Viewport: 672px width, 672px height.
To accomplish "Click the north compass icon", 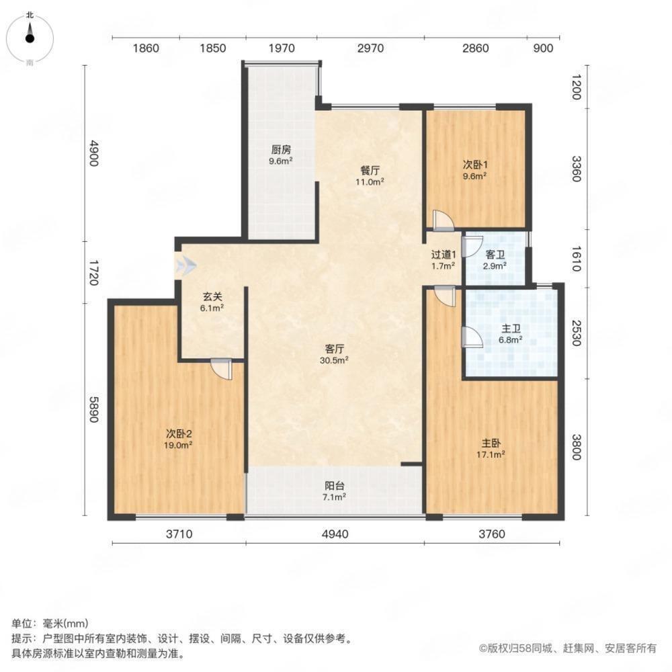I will point(30,38).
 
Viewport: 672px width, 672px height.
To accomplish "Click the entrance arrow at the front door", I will point(185,266).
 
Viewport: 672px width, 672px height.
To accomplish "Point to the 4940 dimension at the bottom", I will point(335,534).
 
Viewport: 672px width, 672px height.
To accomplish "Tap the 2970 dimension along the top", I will point(370,48).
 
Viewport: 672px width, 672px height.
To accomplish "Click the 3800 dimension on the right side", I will point(577,448).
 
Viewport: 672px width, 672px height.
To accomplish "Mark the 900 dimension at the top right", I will point(542,48).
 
